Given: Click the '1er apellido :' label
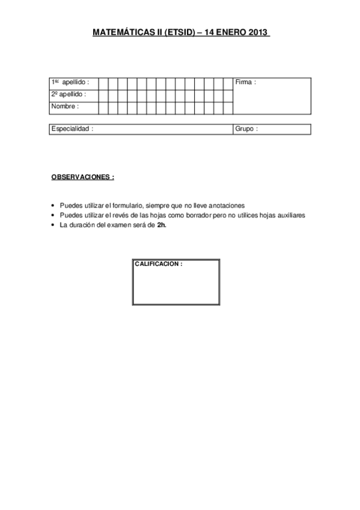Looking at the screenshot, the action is (70, 82).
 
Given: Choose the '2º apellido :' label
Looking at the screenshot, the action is (69, 94).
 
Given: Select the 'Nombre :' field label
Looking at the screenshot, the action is (65, 106).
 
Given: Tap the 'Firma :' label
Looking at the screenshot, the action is (246, 82).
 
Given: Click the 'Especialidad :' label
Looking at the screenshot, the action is (72, 129).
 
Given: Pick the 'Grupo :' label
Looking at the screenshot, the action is (246, 129).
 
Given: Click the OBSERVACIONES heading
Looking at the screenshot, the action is (82, 178).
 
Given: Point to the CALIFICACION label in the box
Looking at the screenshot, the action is (159, 264).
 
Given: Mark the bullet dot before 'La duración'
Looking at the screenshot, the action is (53, 226).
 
